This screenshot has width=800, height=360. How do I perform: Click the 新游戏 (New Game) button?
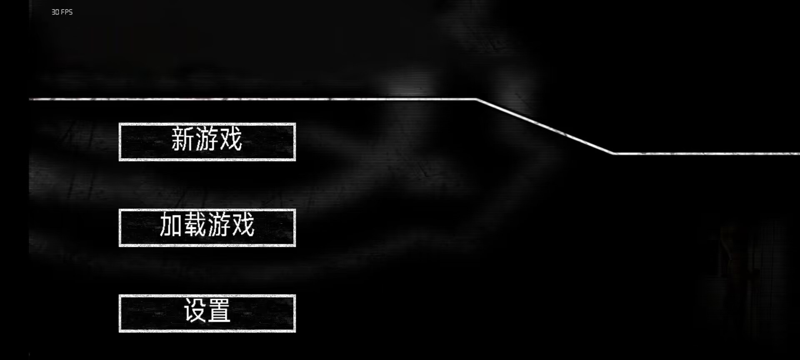click(207, 142)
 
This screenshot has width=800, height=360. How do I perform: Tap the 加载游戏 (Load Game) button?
click(207, 227)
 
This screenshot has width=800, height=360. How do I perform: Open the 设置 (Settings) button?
click(207, 313)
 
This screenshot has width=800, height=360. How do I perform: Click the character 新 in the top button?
click(183, 140)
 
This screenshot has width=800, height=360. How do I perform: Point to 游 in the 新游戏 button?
click(207, 140)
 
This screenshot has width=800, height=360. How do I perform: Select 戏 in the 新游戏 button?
click(231, 140)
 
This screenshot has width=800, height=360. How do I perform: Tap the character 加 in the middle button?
click(171, 225)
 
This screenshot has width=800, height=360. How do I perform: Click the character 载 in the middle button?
click(195, 225)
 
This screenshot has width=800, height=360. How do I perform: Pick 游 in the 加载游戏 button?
click(219, 225)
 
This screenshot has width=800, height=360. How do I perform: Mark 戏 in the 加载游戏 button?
click(243, 225)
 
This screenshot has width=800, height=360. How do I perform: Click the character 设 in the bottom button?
click(195, 311)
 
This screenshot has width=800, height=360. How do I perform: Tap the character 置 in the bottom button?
click(219, 311)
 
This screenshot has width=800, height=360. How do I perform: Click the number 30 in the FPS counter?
click(55, 12)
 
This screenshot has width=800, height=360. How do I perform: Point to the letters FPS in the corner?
click(67, 12)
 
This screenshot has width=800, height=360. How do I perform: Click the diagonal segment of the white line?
click(546, 126)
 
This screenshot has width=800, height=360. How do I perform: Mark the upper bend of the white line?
click(477, 99)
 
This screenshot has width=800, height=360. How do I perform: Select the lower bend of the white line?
click(615, 153)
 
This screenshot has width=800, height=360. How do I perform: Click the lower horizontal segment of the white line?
click(708, 153)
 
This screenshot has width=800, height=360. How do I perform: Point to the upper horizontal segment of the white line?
click(250, 99)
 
